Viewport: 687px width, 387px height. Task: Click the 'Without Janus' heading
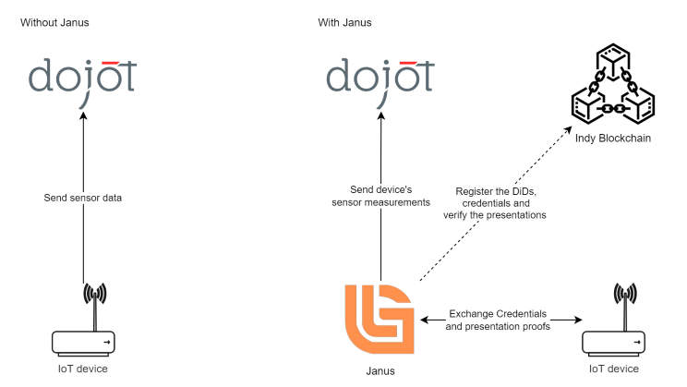[56, 21]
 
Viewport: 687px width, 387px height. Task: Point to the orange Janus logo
[379, 319]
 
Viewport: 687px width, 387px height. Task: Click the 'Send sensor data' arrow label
[82, 198]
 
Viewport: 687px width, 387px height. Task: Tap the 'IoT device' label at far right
[613, 369]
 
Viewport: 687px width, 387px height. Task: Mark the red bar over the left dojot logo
[110, 62]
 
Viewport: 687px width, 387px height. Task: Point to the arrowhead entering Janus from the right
[425, 320]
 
